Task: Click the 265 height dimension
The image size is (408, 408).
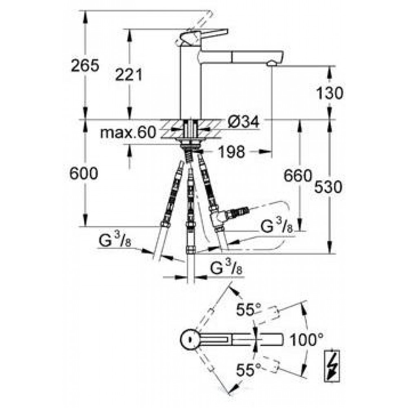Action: (x=85, y=65)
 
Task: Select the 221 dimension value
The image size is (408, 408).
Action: (x=129, y=75)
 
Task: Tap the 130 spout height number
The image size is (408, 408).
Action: (x=330, y=93)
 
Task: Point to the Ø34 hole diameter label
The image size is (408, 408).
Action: (x=243, y=122)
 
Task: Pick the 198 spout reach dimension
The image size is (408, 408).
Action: (x=231, y=151)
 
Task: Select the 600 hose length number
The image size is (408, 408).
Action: (x=84, y=173)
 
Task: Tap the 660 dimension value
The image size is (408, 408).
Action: (x=297, y=175)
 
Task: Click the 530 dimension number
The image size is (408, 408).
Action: (x=328, y=187)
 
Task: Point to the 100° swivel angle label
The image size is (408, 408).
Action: (x=306, y=339)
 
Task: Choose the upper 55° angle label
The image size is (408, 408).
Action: (x=248, y=310)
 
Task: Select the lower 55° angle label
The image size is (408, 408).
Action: (x=248, y=370)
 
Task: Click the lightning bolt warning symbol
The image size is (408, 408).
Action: (x=332, y=366)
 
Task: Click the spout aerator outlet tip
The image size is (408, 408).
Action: (x=271, y=63)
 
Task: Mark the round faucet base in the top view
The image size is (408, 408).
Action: (x=190, y=339)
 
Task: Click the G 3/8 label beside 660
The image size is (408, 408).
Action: (x=277, y=225)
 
